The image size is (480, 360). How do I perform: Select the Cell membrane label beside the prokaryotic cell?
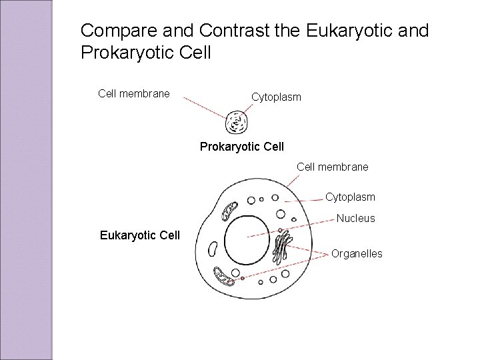[133, 94]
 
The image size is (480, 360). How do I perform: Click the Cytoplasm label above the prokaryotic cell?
[276, 97]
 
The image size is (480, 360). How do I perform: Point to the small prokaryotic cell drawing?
[237, 123]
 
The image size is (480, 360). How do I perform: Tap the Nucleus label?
[356, 218]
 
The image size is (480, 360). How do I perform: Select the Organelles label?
[357, 253]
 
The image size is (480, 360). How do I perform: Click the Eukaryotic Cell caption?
[139, 235]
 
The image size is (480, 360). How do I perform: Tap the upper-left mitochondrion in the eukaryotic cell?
[231, 210]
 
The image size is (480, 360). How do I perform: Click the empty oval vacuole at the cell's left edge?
[213, 249]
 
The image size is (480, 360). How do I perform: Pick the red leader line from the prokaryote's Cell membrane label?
[207, 107]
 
